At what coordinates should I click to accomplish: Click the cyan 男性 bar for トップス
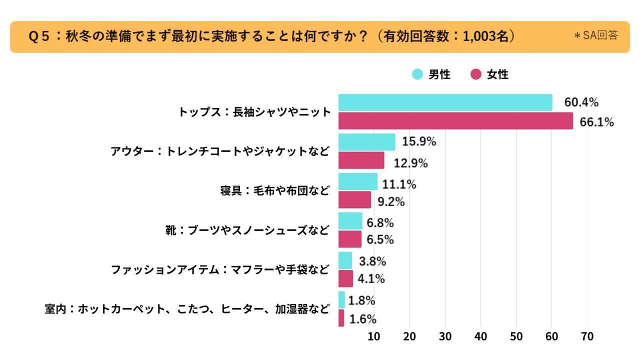click(445, 102)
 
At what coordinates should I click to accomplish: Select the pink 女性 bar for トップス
click(455, 121)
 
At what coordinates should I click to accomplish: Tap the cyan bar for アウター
click(366, 142)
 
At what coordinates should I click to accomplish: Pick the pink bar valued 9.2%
click(354, 200)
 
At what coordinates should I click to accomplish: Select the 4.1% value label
click(371, 279)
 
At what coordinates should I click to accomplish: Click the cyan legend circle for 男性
click(417, 74)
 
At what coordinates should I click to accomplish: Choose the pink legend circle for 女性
click(476, 74)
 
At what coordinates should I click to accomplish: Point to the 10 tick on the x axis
click(374, 336)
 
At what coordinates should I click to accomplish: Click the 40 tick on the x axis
click(481, 336)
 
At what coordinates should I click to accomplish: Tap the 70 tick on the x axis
click(587, 336)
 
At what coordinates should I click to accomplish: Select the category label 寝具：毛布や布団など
click(274, 191)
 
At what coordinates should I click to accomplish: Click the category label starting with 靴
click(247, 230)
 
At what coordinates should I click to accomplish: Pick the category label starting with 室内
click(187, 309)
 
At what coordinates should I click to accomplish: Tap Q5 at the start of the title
click(38, 36)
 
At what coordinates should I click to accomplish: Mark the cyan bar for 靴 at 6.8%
click(350, 220)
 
